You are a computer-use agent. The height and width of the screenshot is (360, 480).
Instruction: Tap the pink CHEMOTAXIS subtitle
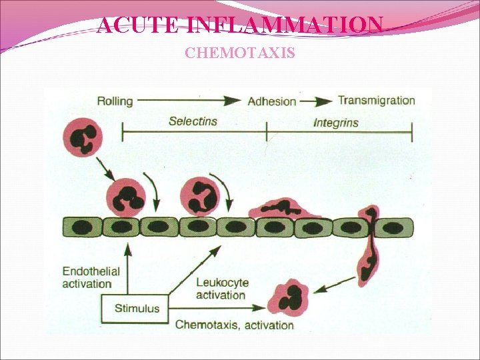(240, 53)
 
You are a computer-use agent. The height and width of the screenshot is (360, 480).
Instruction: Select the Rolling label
(115, 101)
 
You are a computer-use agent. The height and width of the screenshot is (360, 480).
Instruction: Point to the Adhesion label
(271, 102)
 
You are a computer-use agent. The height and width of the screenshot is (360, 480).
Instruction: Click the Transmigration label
(376, 101)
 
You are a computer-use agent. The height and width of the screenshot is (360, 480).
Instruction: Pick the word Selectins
(193, 121)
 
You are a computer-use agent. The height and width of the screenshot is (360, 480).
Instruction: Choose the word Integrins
(335, 123)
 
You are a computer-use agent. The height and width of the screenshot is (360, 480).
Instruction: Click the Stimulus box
(137, 308)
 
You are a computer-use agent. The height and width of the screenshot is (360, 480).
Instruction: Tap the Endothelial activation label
(91, 277)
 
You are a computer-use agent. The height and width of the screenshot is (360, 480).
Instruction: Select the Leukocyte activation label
(222, 289)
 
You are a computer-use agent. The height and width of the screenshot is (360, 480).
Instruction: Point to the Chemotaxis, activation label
(234, 325)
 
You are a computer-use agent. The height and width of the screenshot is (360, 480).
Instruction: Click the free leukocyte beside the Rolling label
(83, 139)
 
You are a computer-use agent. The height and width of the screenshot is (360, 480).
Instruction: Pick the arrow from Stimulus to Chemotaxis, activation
(217, 309)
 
